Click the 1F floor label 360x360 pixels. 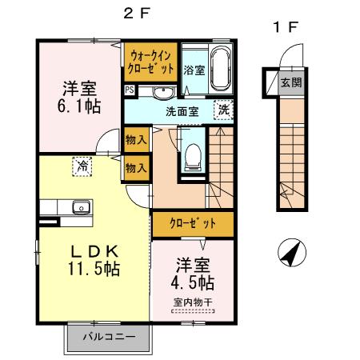[x=286, y=28]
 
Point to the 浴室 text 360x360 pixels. [x=194, y=70]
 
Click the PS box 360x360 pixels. [x=129, y=90]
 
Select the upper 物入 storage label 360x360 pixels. [x=136, y=140]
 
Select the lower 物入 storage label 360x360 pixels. [x=136, y=168]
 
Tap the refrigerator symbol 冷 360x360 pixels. [x=82, y=166]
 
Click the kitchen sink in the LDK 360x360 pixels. [x=80, y=208]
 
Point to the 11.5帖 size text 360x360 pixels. [x=94, y=270]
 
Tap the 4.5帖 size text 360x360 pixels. [x=193, y=282]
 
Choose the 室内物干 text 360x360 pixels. [x=192, y=302]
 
